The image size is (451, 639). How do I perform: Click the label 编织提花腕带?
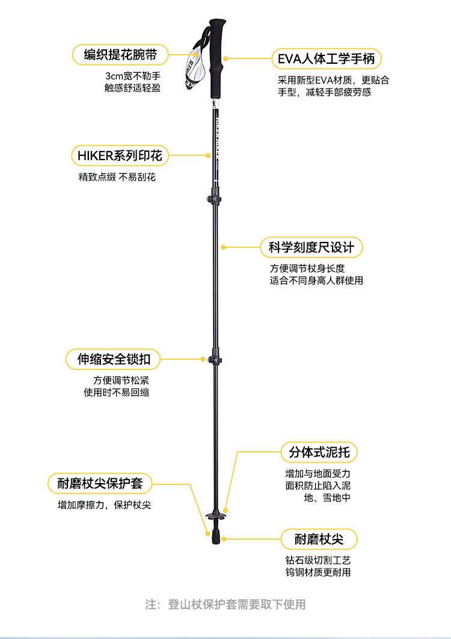click(121, 55)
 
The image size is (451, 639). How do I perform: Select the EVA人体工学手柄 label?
click(326, 59)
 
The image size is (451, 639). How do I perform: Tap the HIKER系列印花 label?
click(120, 155)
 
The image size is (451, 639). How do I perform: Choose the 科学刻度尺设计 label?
click(311, 247)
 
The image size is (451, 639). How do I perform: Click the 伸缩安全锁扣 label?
click(114, 360)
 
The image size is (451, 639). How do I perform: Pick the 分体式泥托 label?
click(319, 452)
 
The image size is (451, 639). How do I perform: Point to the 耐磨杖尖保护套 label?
click(100, 483)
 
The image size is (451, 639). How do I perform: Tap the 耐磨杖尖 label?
click(319, 539)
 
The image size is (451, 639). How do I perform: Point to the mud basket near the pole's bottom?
click(215, 516)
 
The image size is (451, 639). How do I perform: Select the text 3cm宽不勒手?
click(133, 76)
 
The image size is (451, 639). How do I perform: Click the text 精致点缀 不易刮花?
click(117, 177)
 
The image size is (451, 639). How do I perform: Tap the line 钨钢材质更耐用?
click(318, 572)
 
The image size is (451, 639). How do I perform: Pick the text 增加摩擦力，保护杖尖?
click(104, 505)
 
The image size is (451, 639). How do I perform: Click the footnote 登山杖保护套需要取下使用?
click(226, 604)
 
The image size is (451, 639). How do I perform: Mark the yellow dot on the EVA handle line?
click(226, 59)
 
